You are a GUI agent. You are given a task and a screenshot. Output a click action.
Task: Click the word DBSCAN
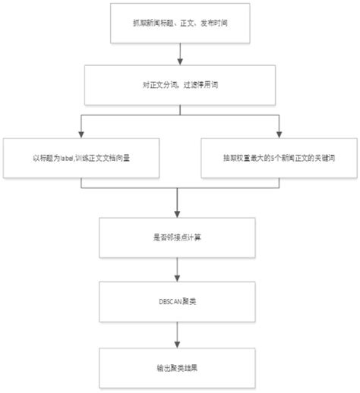click(x=169, y=301)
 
